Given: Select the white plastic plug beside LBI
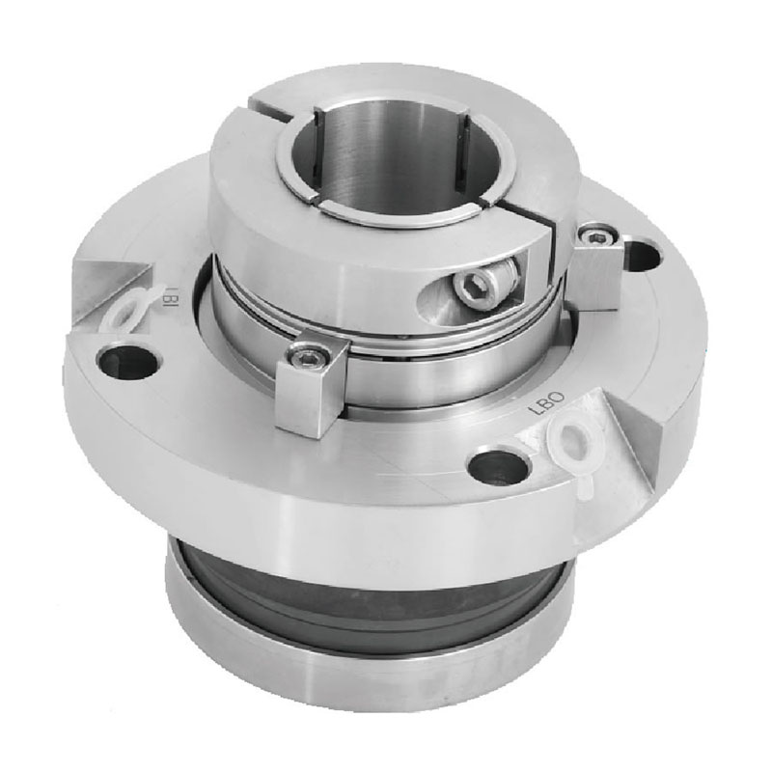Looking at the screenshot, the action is (x=126, y=311).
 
